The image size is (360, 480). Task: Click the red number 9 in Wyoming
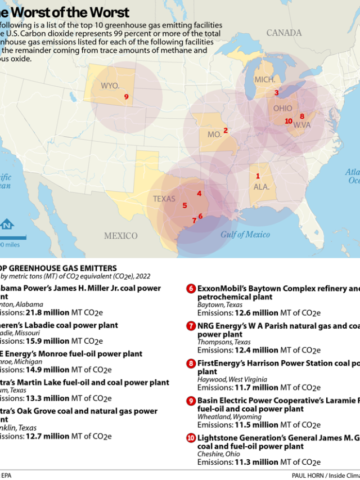click(127, 97)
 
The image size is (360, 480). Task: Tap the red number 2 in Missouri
click(226, 131)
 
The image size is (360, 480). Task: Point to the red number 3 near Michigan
click(276, 93)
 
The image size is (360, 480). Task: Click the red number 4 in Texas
click(199, 194)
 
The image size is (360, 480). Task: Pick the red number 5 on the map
click(184, 206)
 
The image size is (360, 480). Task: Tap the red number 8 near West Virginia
click(302, 116)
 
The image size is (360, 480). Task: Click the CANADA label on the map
click(283, 33)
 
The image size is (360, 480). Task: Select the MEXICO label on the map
click(120, 235)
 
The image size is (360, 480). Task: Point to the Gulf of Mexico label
click(245, 234)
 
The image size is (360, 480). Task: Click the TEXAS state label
click(164, 199)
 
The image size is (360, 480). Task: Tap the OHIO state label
click(282, 108)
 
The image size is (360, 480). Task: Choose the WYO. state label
click(110, 86)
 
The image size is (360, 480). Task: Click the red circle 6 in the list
click(191, 289)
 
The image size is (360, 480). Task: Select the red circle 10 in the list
click(191, 438)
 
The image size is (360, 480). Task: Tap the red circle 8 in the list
click(191, 364)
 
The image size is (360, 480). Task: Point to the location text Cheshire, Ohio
click(218, 454)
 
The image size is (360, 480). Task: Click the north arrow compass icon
click(7, 225)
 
